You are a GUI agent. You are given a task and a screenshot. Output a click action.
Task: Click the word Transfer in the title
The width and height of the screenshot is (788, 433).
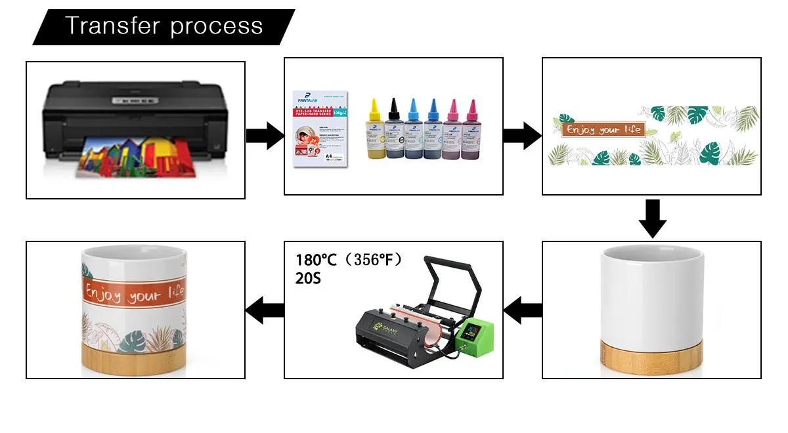pyautogui.click(x=112, y=26)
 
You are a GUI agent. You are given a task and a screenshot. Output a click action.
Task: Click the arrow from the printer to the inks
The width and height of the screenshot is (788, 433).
pyautogui.click(x=265, y=136)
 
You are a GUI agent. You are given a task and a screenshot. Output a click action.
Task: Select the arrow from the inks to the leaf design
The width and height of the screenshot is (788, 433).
pyautogui.click(x=522, y=136)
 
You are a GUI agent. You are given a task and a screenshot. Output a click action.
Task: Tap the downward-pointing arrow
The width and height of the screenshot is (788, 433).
pyautogui.click(x=652, y=218)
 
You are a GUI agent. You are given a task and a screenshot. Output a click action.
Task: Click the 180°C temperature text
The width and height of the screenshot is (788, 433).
pyautogui.click(x=316, y=260)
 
